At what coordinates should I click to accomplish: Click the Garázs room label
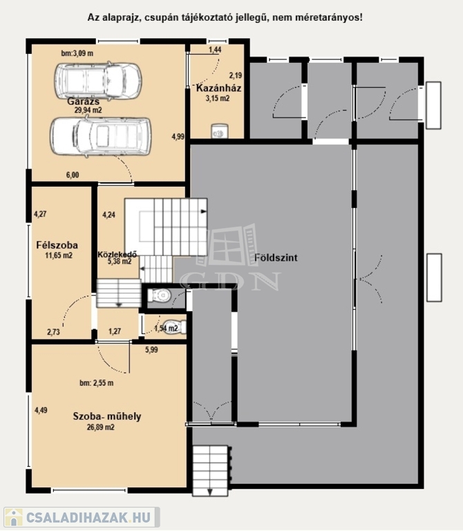pos(83,101)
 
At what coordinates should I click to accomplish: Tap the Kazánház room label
pos(218,88)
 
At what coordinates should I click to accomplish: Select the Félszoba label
pos(57,245)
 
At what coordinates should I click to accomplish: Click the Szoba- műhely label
pos(107,416)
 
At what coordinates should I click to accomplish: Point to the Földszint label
pos(276,258)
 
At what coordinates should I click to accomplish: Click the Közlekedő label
pos(117,254)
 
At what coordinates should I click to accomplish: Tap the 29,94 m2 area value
pos(88,110)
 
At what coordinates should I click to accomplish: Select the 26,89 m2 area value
pos(100,427)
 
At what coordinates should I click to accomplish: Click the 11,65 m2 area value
pos(59,255)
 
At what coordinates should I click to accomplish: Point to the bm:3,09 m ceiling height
pos(77,53)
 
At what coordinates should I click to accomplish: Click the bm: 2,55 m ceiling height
pos(97,383)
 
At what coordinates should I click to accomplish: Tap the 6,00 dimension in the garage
pos(73,175)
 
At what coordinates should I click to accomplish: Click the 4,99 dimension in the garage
pos(178,137)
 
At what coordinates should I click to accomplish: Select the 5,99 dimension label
pos(151,350)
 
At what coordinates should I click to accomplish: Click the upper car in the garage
pos(98,81)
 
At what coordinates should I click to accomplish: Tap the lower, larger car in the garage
pos(100,136)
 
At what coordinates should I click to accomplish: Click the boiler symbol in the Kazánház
pos(219,131)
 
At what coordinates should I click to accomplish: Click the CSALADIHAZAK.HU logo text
pos(88,517)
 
